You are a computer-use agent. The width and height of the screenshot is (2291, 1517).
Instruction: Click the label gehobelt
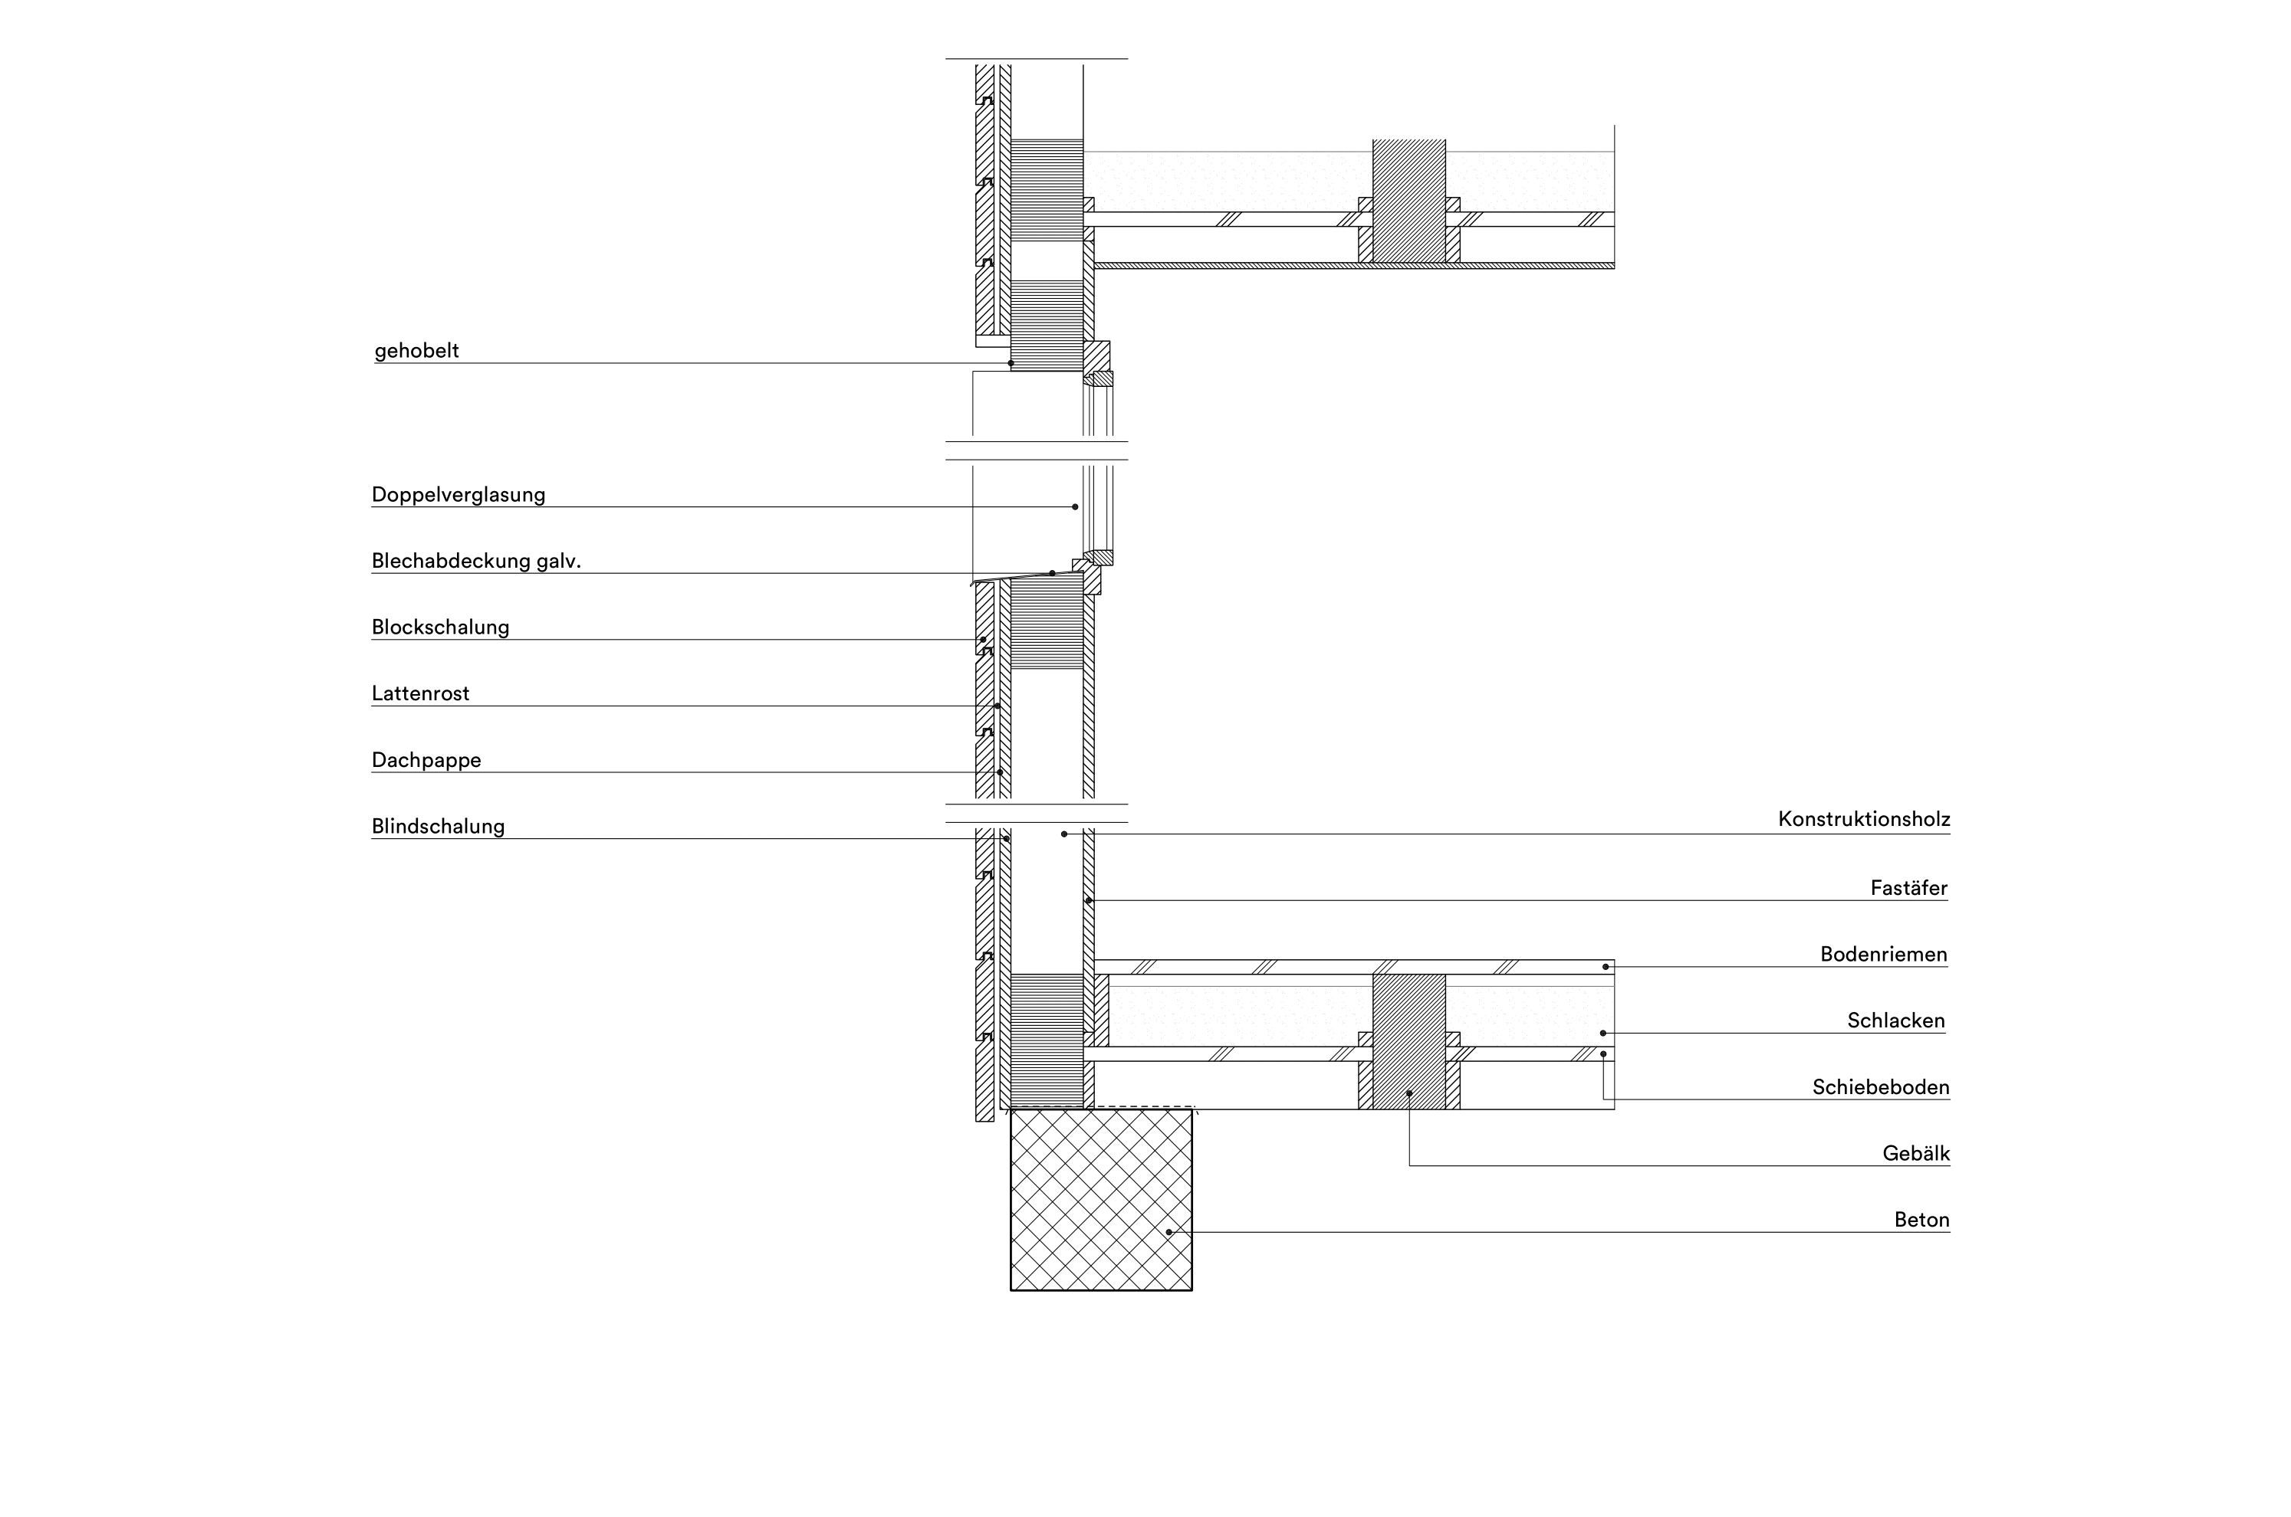pyautogui.click(x=416, y=350)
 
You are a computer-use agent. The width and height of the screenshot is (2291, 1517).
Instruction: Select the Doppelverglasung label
pyautogui.click(x=458, y=494)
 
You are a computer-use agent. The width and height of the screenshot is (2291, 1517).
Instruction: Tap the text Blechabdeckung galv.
pyautogui.click(x=476, y=561)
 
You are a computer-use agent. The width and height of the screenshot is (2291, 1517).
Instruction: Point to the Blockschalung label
pyautogui.click(x=440, y=627)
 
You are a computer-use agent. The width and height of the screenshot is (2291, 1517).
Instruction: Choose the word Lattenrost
pyautogui.click(x=420, y=693)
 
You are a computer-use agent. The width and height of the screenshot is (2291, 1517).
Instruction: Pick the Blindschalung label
pyautogui.click(x=438, y=826)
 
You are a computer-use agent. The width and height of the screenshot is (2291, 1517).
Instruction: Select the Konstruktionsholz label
pyautogui.click(x=1863, y=820)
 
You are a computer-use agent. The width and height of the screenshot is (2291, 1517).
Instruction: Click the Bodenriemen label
pyautogui.click(x=1884, y=955)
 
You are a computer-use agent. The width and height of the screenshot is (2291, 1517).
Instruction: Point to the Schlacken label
pyautogui.click(x=1896, y=1021)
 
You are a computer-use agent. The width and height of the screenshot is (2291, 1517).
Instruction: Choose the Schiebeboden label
pyautogui.click(x=1881, y=1087)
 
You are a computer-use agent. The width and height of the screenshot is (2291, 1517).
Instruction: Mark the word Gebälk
pyautogui.click(x=1915, y=1153)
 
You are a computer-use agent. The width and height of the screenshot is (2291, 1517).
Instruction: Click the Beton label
pyautogui.click(x=1921, y=1220)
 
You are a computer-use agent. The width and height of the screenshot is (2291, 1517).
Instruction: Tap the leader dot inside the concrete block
pyautogui.click(x=1169, y=1231)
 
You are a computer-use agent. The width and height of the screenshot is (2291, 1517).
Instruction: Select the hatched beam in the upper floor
pyautogui.click(x=1409, y=202)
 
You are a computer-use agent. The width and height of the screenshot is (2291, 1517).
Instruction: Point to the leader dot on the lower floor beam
pyautogui.click(x=1409, y=1093)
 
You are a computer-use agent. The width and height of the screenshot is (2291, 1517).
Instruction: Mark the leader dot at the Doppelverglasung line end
pyautogui.click(x=1074, y=507)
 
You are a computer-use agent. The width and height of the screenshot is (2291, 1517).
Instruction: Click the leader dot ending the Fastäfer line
pyautogui.click(x=1088, y=901)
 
